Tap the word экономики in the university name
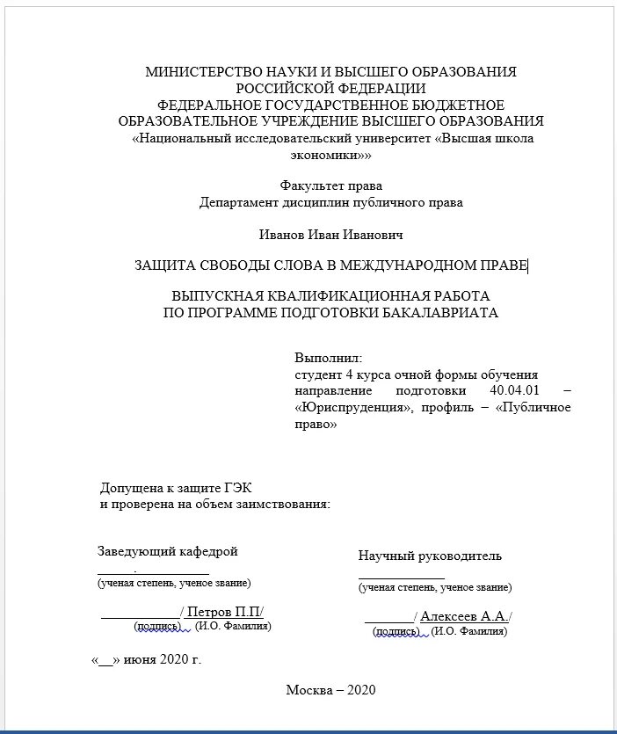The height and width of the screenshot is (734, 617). [x=327, y=155]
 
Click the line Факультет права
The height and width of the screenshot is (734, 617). [x=330, y=185]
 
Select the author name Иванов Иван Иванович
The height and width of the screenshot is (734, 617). [x=330, y=235]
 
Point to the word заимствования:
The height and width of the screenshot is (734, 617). [x=279, y=505]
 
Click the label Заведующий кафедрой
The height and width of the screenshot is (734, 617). [x=167, y=551]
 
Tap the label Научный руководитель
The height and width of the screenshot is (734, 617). [x=430, y=556]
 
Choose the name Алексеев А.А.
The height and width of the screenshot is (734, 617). [x=464, y=616]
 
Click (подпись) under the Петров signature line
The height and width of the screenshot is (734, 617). [x=157, y=626]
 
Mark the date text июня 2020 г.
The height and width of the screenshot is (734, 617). [x=163, y=659]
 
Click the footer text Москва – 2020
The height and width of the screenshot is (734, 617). [x=330, y=689]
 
